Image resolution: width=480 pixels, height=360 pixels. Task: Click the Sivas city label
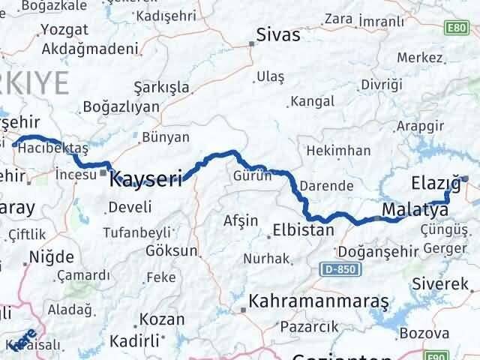pyautogui.click(x=277, y=35)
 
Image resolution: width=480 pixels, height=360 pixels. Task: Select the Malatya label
pyautogui.click(x=414, y=208)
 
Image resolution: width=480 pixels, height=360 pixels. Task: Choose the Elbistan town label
pyautogui.click(x=303, y=230)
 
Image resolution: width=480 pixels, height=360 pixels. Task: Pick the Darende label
pyautogui.click(x=325, y=184)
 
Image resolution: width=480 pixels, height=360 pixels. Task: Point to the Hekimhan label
pyautogui.click(x=344, y=151)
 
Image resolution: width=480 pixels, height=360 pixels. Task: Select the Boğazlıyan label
pyautogui.click(x=122, y=106)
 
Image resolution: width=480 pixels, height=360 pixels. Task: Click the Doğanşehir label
pyautogui.click(x=373, y=250)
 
